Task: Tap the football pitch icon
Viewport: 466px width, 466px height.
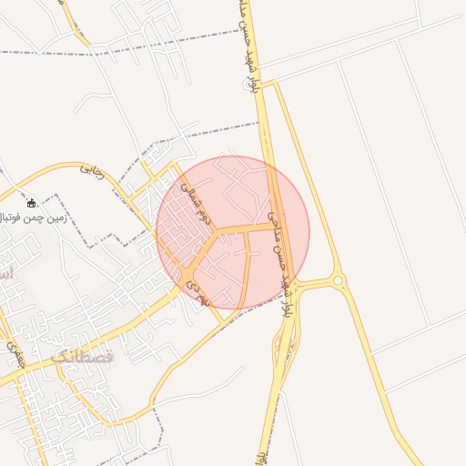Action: click(32, 203)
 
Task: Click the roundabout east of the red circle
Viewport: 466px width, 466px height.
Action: click(339, 281)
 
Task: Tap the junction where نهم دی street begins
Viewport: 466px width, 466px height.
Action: click(187, 272)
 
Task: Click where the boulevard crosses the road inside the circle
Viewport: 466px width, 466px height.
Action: click(271, 224)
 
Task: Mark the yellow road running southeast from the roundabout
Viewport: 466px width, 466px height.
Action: click(382, 382)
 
